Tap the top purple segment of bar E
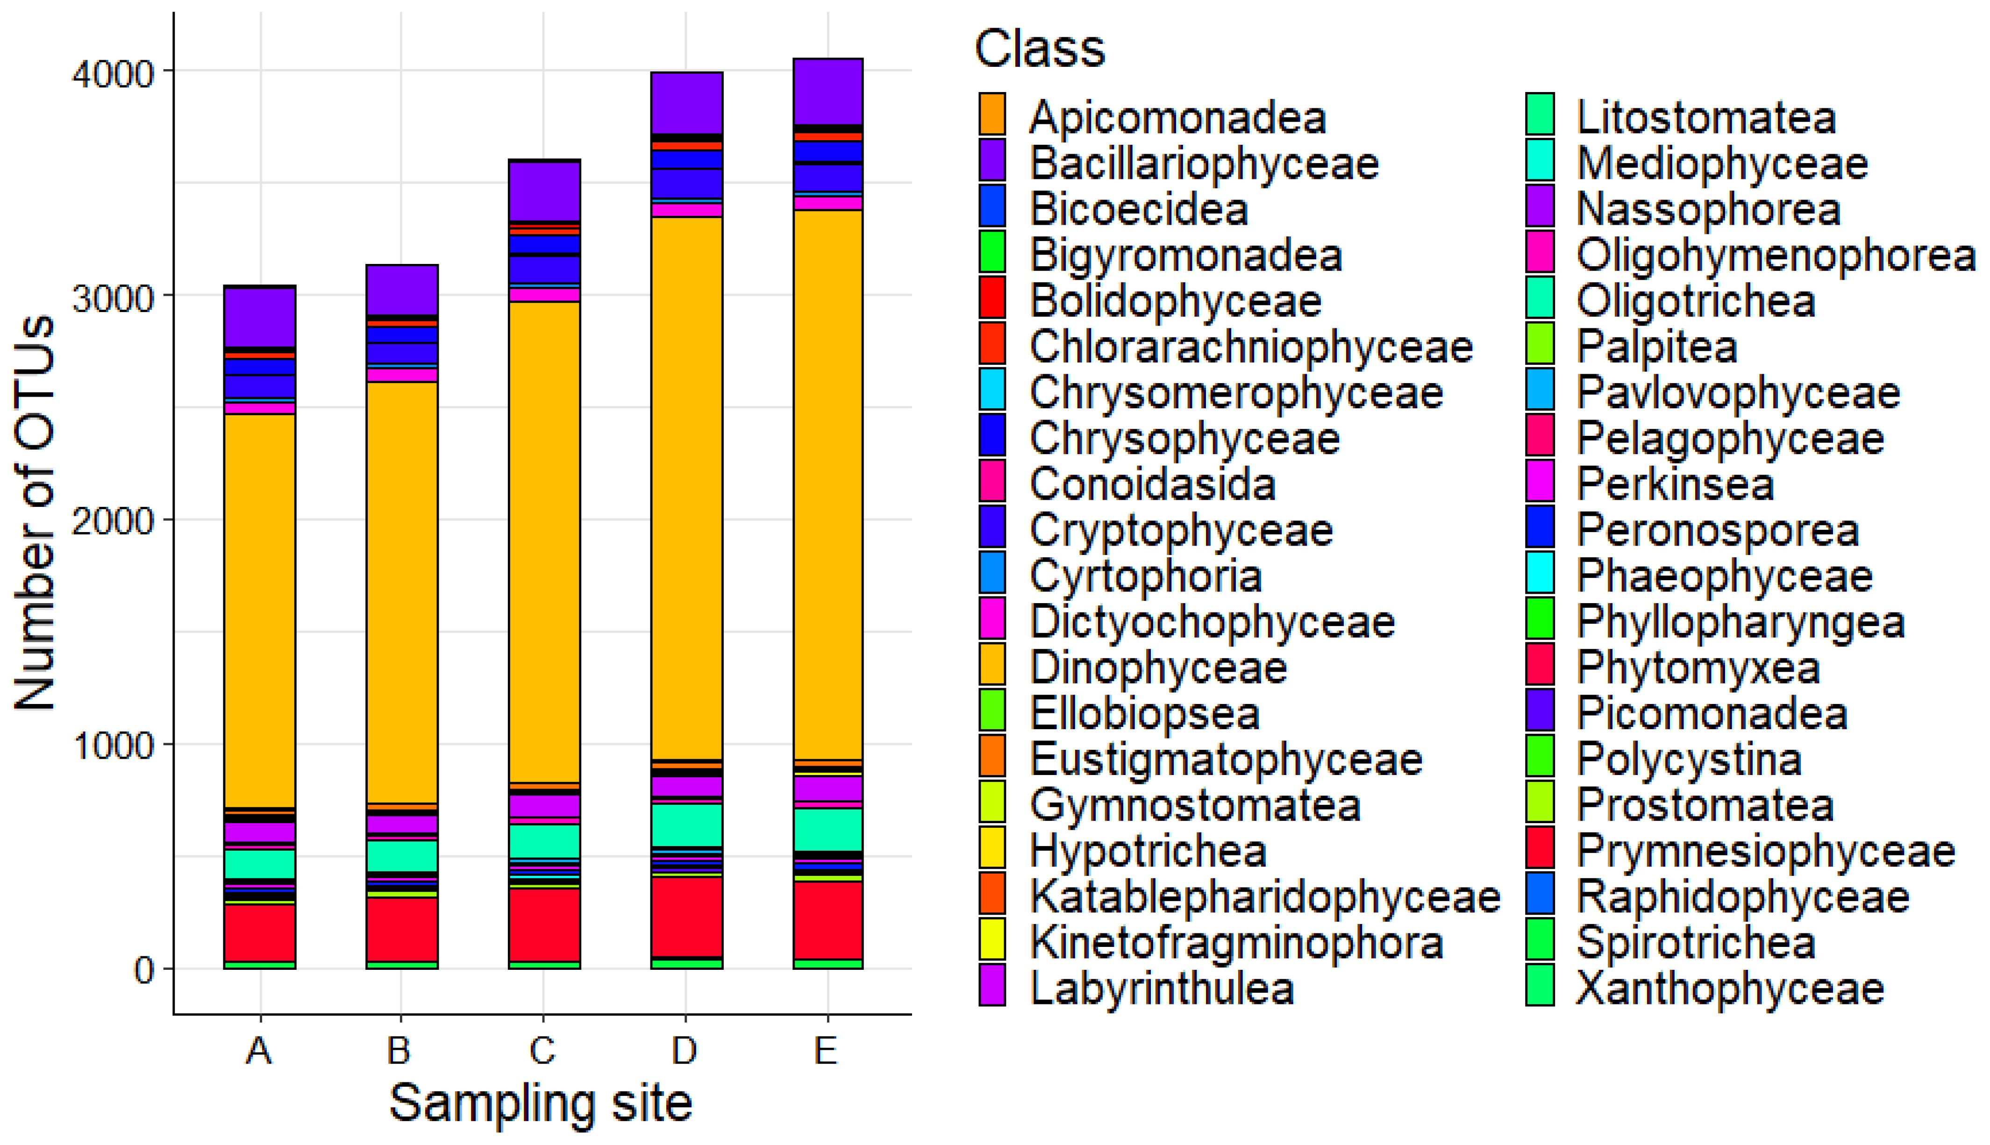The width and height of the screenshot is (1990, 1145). pyautogui.click(x=827, y=91)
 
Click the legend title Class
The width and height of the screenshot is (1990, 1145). pyautogui.click(x=1040, y=49)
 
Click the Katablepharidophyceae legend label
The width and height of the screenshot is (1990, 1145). pyautogui.click(x=1265, y=896)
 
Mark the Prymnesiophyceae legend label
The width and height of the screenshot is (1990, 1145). pyautogui.click(x=1766, y=851)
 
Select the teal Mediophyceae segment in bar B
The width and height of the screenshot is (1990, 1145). pyautogui.click(x=402, y=856)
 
